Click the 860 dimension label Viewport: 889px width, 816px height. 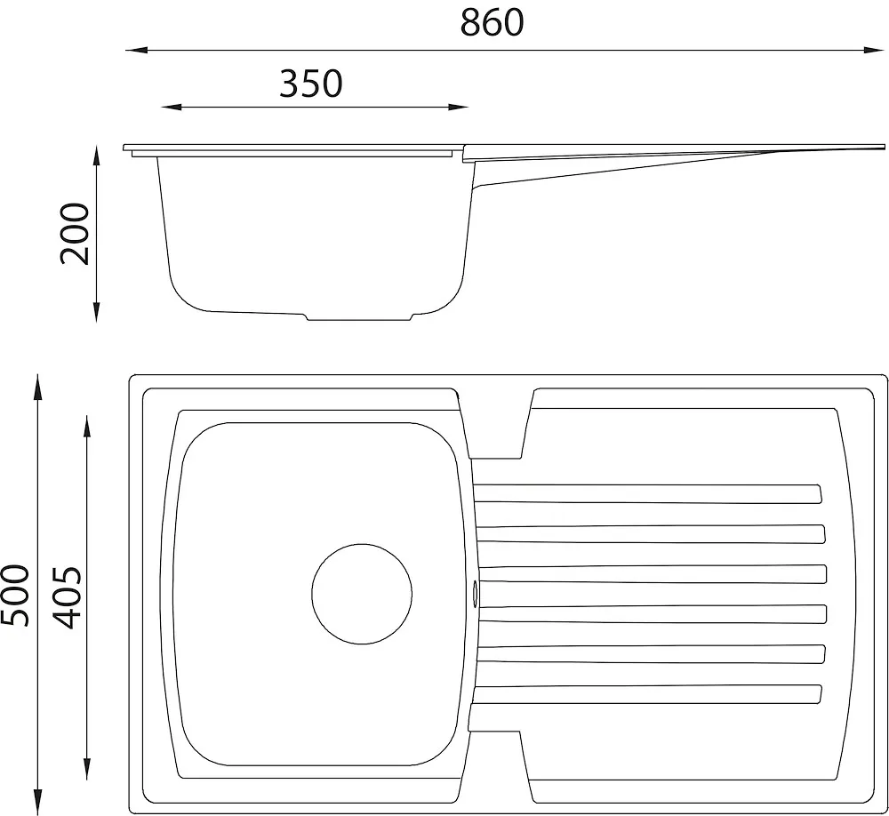coord(492,23)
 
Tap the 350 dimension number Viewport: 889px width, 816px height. coord(311,84)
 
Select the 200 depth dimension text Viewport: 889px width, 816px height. coord(75,234)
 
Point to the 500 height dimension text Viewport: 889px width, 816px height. coord(14,596)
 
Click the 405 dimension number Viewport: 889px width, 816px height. coord(68,597)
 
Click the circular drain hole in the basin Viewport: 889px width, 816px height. coord(362,594)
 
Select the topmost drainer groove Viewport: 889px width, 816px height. coord(647,493)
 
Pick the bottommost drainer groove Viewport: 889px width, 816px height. coord(645,694)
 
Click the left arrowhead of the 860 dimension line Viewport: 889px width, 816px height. coord(136,51)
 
